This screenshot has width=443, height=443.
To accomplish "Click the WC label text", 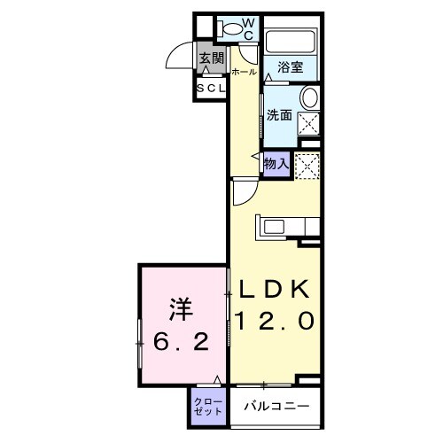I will (249, 27).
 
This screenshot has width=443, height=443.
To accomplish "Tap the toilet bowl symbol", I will (231, 29).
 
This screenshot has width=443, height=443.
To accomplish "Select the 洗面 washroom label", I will (280, 115).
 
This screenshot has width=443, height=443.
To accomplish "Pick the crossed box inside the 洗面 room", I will (309, 123).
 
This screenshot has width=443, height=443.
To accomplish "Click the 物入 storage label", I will (276, 163).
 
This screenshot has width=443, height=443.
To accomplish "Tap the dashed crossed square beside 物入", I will (307, 165).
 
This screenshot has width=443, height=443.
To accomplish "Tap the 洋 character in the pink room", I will (183, 311).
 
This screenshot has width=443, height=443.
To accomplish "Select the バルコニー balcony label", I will (277, 406).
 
